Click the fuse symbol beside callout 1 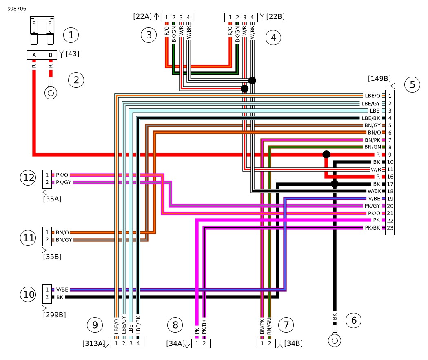click(x=42, y=30)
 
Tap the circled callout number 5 click(x=412, y=84)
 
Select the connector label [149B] click(x=379, y=79)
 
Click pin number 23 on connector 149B click(x=390, y=228)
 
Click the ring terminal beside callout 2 click(x=51, y=88)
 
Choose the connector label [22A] click(x=142, y=16)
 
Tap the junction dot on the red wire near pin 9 click(x=326, y=155)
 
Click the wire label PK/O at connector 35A click(x=62, y=175)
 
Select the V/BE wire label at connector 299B click(x=62, y=289)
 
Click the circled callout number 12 click(x=28, y=177)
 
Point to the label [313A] click(x=93, y=343)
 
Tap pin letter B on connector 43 click(x=51, y=55)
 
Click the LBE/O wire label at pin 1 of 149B click(x=373, y=96)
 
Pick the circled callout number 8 click(x=175, y=325)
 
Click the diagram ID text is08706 click(x=16, y=9)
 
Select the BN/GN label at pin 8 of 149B click(x=373, y=147)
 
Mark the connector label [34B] click(x=293, y=343)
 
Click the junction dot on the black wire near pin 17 click(x=335, y=184)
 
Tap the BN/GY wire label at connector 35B click(x=64, y=240)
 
